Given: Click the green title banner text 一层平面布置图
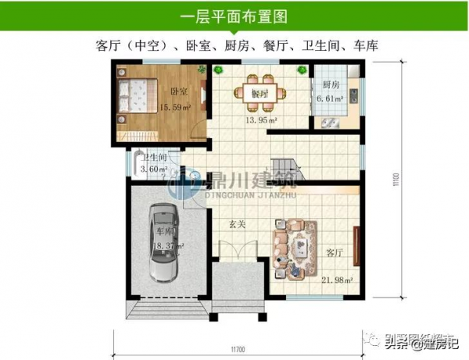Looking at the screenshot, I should point(234,15).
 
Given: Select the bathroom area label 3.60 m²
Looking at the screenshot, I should point(153,169).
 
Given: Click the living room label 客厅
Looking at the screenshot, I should point(335,252).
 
